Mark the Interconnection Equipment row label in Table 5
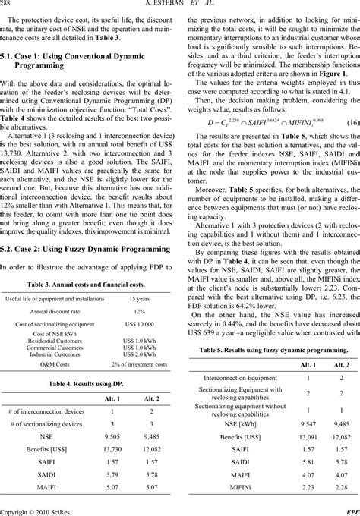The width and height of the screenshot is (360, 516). click(235, 377)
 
